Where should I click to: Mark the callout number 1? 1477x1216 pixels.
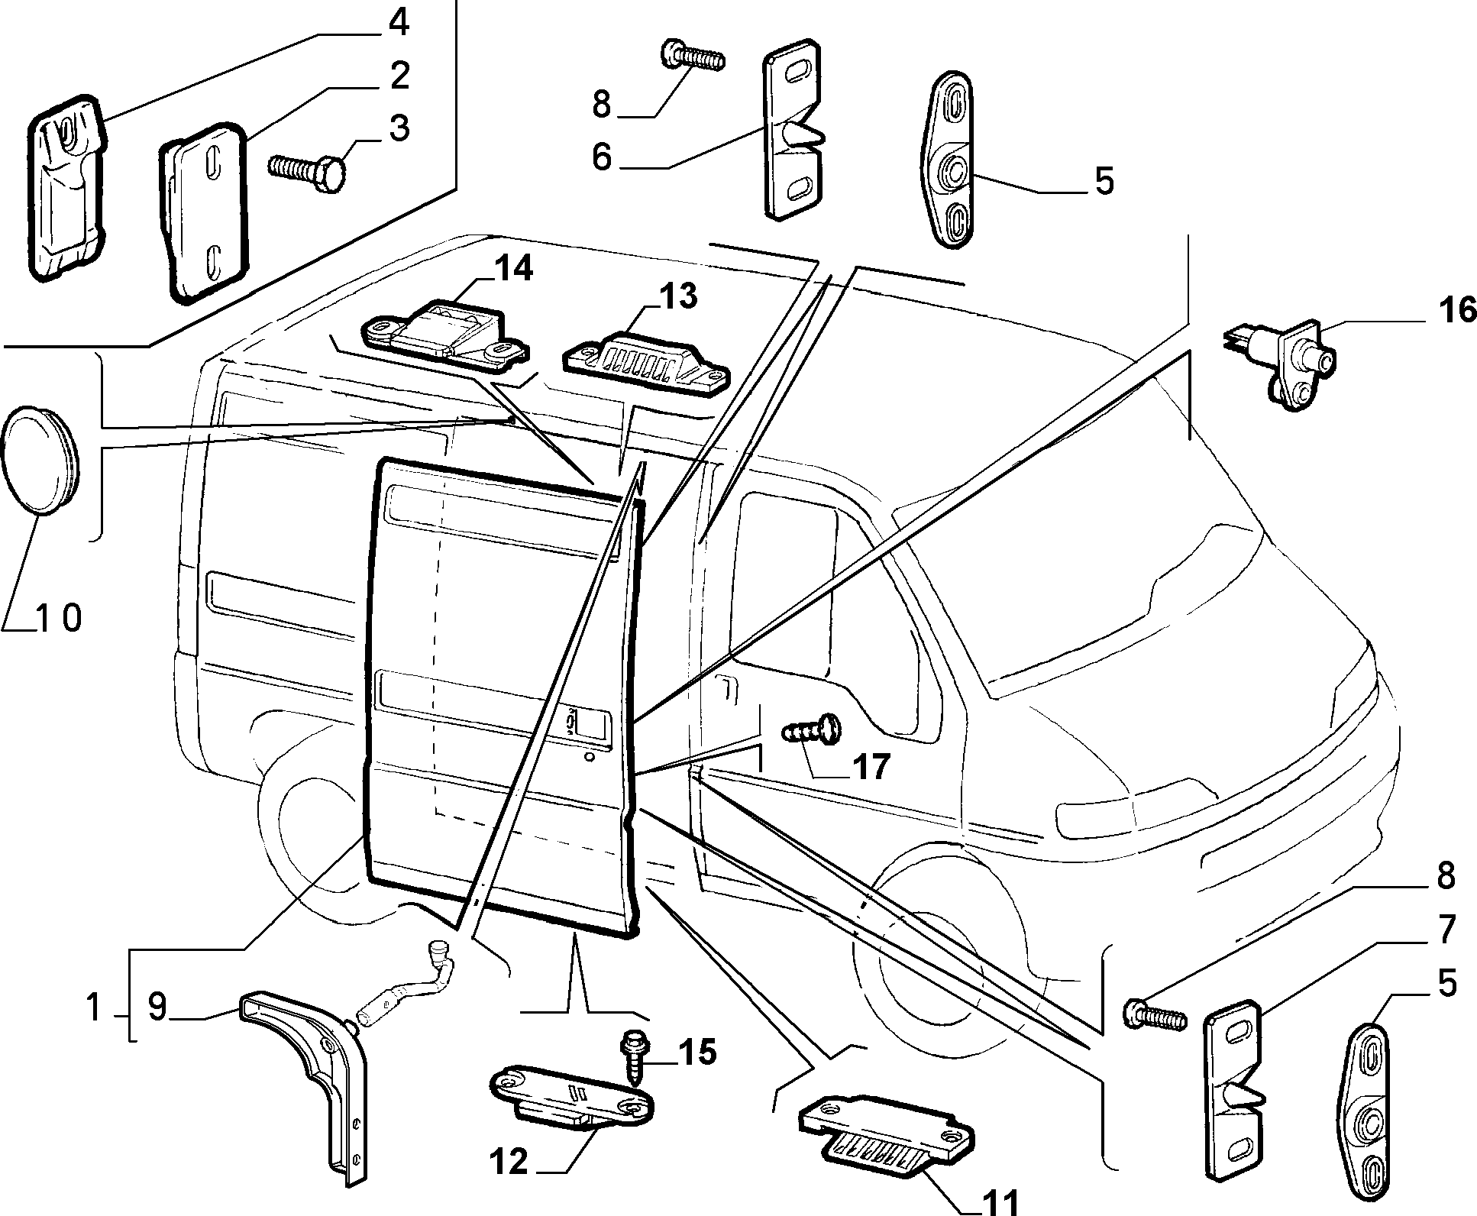pyautogui.click(x=94, y=1008)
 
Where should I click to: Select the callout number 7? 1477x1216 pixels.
pyautogui.click(x=1446, y=929)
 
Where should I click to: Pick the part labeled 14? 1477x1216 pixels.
pyautogui.click(x=443, y=330)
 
